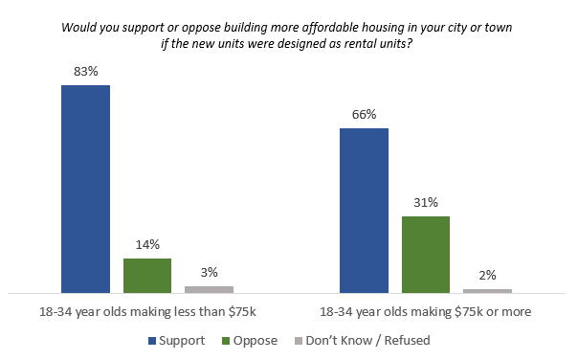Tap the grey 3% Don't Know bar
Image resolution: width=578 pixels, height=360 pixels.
209,288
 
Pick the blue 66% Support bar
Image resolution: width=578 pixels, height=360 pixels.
364,210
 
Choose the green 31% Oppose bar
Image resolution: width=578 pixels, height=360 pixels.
426,254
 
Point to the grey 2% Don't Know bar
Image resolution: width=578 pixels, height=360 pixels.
487,289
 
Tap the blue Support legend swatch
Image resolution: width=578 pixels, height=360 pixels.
152,340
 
